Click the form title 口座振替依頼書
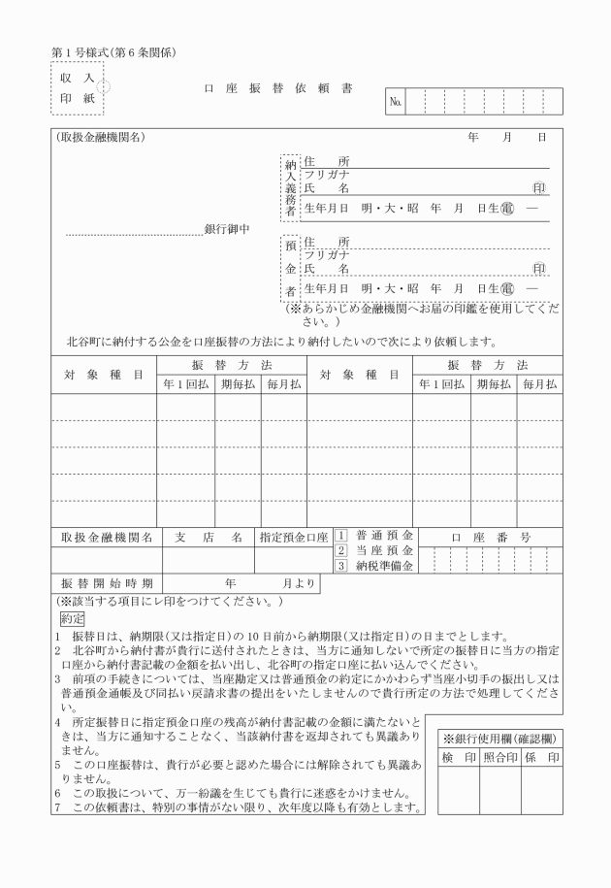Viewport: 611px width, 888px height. pyautogui.click(x=278, y=88)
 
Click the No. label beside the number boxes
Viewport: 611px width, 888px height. pyautogui.click(x=396, y=101)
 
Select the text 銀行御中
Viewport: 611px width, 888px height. pyautogui.click(x=227, y=230)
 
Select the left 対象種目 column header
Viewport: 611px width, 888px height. pyautogui.click(x=104, y=375)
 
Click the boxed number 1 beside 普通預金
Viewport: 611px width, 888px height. pyautogui.click(x=341, y=536)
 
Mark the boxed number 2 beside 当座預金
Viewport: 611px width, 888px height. pyautogui.click(x=341, y=551)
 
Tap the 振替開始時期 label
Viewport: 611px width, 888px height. pyautogui.click(x=107, y=584)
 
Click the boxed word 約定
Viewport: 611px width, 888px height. pyautogui.click(x=73, y=617)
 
